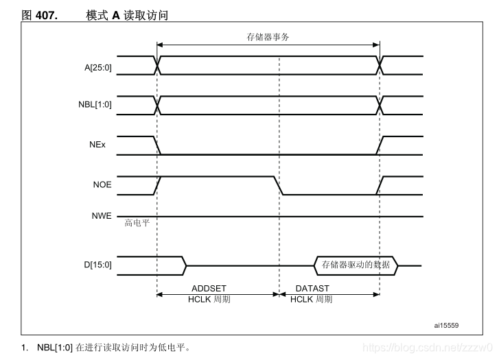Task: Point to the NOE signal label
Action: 102,185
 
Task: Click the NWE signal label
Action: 102,216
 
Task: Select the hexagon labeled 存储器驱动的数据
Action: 356,265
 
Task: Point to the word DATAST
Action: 312,289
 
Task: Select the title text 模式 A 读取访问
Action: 127,14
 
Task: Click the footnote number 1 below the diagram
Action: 23,347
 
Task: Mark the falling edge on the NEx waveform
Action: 159,146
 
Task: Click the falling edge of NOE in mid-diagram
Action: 279,186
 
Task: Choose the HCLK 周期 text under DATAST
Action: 312,300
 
